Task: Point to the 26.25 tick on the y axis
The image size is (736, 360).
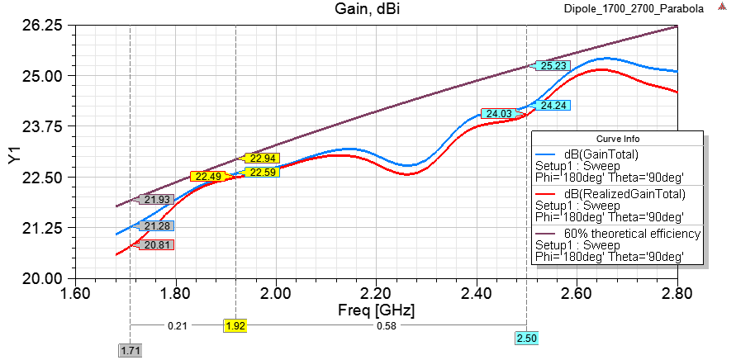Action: pyautogui.click(x=42, y=26)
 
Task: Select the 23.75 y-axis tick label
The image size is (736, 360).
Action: pyautogui.click(x=42, y=126)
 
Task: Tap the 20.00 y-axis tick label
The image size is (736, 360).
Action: pyautogui.click(x=42, y=278)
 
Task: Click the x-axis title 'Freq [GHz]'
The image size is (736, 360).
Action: pyautogui.click(x=377, y=310)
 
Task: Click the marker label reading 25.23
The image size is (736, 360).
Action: pyautogui.click(x=552, y=66)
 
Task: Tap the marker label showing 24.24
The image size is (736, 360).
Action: pyautogui.click(x=552, y=105)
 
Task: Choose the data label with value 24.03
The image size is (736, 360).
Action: pyautogui.click(x=499, y=114)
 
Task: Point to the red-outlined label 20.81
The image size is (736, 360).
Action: pyautogui.click(x=157, y=244)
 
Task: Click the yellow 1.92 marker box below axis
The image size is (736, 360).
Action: pyautogui.click(x=235, y=326)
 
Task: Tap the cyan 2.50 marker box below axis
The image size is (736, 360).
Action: pyautogui.click(x=526, y=339)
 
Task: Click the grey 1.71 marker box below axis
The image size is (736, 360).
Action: pyautogui.click(x=130, y=351)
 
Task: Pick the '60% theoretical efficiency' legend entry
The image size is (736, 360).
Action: pyautogui.click(x=632, y=234)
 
